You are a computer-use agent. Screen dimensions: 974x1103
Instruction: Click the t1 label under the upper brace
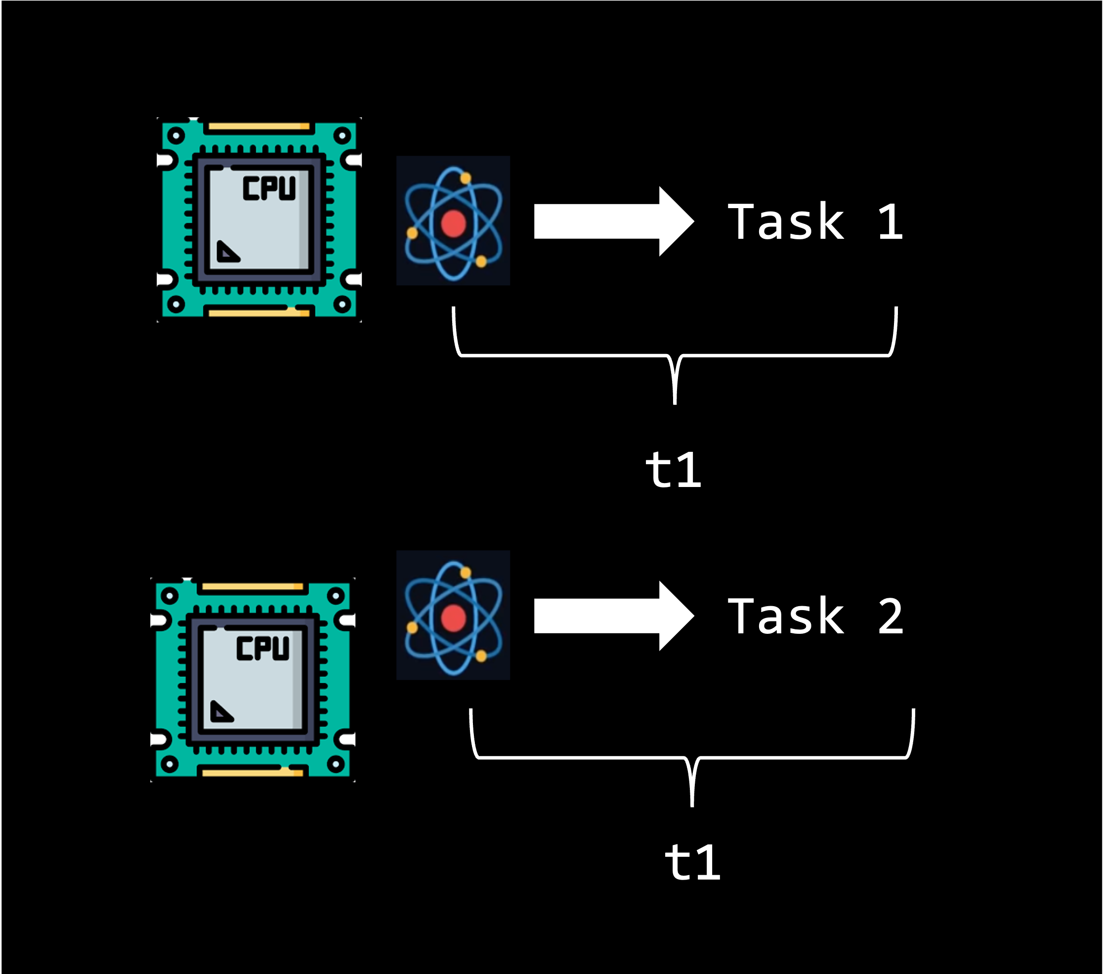click(x=674, y=470)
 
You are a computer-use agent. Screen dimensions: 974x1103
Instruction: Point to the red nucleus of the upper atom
click(x=453, y=223)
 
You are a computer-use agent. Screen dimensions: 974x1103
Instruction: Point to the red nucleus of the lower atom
click(x=453, y=618)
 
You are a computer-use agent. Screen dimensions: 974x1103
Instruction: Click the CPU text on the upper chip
click(x=269, y=188)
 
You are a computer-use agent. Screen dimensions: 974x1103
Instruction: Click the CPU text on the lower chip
click(x=263, y=649)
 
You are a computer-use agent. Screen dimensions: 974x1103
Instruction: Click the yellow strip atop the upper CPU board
click(x=259, y=127)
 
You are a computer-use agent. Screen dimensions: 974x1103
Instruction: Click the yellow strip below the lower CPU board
click(x=252, y=773)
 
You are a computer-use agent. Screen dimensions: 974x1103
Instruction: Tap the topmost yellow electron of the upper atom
click(x=465, y=177)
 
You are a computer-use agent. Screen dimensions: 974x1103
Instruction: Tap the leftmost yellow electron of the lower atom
click(x=412, y=627)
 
